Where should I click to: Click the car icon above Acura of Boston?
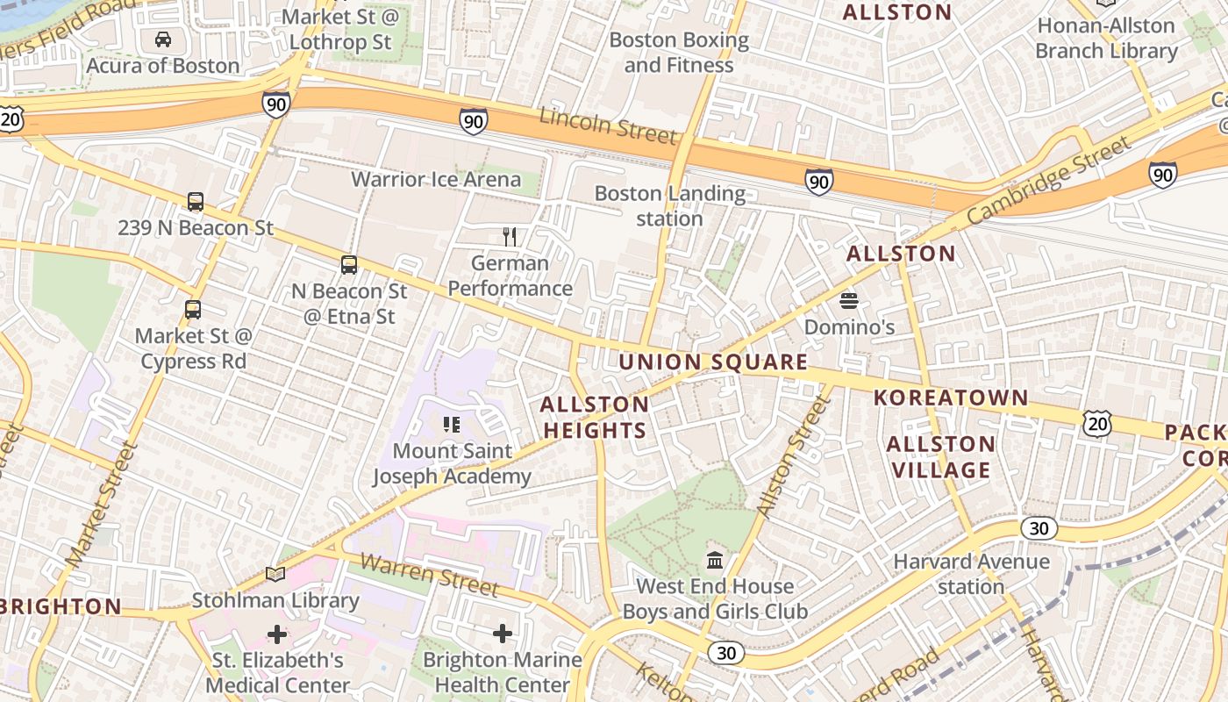(163, 39)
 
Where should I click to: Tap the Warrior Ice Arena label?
(436, 180)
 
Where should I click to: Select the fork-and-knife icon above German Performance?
(510, 236)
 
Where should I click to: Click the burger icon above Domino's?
(848, 301)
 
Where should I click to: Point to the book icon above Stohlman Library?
(275, 575)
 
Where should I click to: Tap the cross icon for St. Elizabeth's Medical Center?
(277, 634)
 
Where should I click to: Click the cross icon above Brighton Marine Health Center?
(503, 633)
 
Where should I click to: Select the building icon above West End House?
(715, 560)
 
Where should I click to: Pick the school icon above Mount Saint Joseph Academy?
(452, 426)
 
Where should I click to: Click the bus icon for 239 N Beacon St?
(196, 202)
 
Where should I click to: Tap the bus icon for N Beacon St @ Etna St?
(349, 265)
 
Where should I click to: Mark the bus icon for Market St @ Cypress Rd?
(193, 310)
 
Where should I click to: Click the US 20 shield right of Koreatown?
(1097, 424)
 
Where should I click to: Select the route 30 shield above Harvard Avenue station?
(1039, 528)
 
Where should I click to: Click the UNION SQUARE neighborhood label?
(713, 362)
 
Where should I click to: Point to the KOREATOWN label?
(951, 398)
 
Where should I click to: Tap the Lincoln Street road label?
(608, 125)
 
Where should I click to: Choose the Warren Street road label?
(429, 575)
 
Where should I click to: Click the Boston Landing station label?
(670, 205)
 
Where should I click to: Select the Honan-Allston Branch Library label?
(1106, 38)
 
